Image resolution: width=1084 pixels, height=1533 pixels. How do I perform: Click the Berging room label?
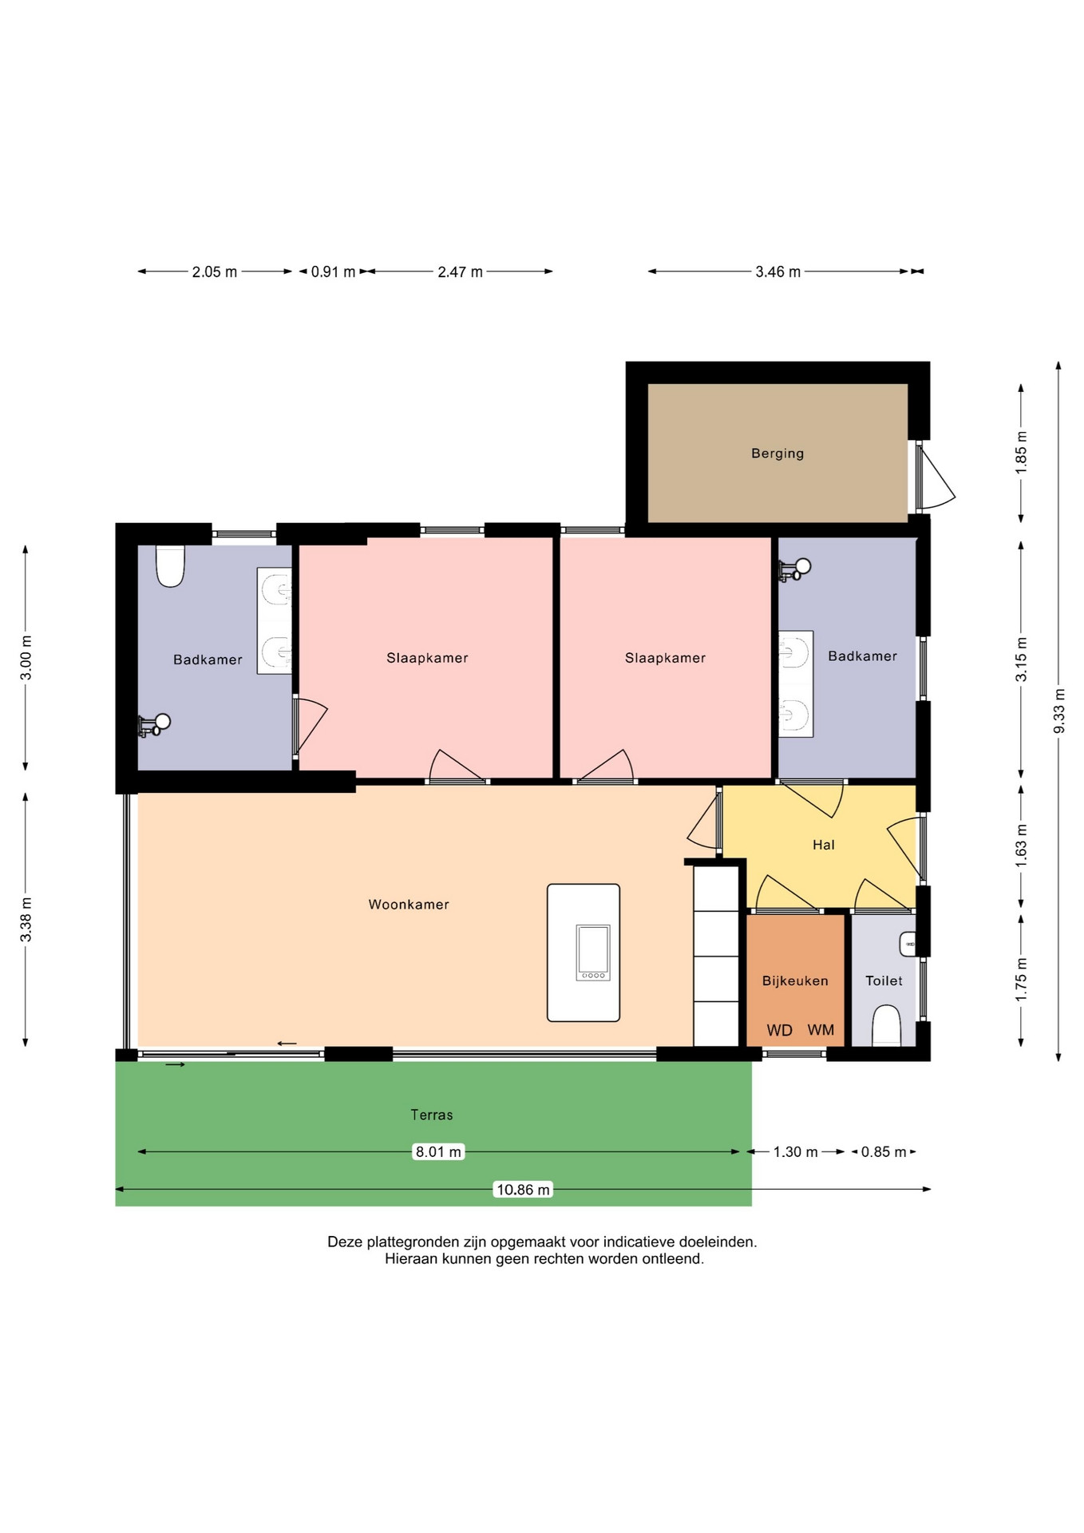[x=777, y=454]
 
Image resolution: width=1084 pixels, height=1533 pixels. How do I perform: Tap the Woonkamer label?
[x=409, y=905]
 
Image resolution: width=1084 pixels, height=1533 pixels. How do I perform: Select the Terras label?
[x=432, y=1115]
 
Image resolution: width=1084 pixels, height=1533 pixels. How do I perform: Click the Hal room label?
[x=824, y=845]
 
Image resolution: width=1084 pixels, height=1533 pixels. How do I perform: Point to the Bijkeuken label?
[x=795, y=980]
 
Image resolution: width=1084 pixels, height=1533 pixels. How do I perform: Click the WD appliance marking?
[x=780, y=1030]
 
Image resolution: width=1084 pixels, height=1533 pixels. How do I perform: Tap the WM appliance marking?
[x=821, y=1030]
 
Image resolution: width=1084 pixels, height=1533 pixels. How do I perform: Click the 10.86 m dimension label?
[x=524, y=1190]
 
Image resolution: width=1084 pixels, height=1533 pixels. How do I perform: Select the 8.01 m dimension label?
[x=438, y=1151]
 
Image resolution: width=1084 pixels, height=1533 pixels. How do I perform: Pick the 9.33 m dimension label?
[x=1059, y=711]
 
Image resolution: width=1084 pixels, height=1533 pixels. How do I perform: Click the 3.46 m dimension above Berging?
[x=778, y=271]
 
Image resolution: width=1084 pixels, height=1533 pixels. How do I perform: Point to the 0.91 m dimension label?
[x=333, y=271]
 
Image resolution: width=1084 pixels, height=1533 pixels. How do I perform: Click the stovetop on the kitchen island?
[x=593, y=953]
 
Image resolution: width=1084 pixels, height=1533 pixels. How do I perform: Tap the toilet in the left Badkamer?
[x=170, y=565]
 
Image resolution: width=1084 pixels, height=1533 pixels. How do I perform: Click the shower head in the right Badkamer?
[x=795, y=568]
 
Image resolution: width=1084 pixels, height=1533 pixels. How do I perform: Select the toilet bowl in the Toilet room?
[x=886, y=1026]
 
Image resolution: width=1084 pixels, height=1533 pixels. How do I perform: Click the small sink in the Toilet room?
[x=908, y=944]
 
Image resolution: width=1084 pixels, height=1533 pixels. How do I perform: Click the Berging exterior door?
[x=935, y=477]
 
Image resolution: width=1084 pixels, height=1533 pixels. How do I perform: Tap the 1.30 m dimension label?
[x=795, y=1151]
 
